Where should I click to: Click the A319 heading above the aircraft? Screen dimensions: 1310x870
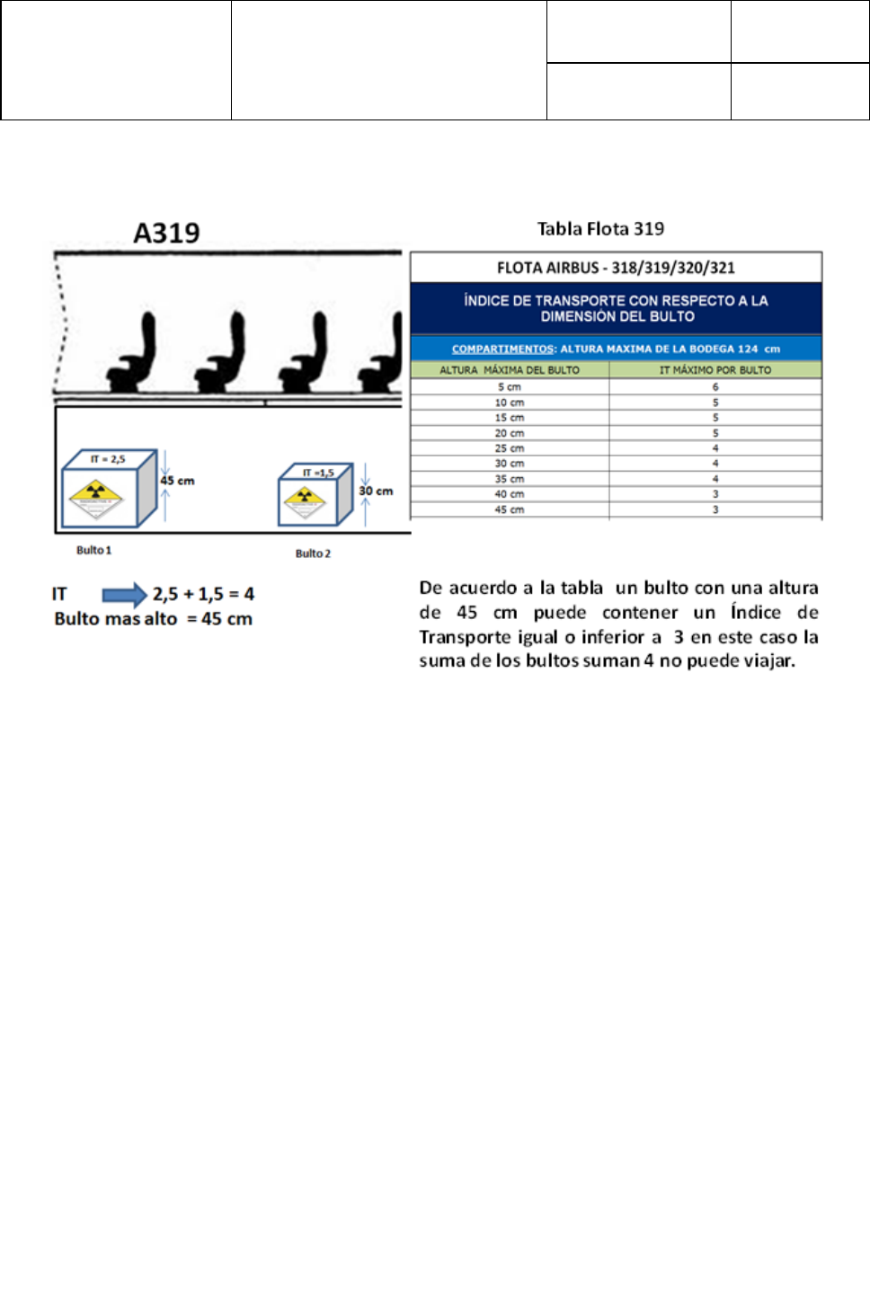tap(166, 234)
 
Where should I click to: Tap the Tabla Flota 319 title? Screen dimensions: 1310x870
tap(600, 229)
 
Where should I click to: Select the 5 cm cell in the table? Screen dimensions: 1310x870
tap(510, 387)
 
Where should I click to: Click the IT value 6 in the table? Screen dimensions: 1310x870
tap(715, 387)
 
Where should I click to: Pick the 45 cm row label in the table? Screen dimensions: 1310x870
tap(510, 509)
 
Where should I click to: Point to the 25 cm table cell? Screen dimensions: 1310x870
tap(510, 448)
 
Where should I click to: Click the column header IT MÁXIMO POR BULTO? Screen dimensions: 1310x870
tap(715, 370)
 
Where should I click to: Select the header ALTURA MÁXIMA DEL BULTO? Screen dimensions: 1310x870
tap(510, 370)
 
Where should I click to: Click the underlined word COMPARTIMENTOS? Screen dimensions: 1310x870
tap(502, 349)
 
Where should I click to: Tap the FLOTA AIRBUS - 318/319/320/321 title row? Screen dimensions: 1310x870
tap(616, 268)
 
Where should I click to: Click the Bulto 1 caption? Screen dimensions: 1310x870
tap(93, 550)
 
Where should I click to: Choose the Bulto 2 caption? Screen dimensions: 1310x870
tap(313, 553)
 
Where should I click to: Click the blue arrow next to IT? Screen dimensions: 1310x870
tap(124, 595)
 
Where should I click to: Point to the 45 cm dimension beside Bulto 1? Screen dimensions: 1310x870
tap(177, 481)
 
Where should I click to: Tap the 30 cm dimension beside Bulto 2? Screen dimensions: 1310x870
tap(376, 491)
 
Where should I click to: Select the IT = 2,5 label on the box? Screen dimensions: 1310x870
tap(108, 459)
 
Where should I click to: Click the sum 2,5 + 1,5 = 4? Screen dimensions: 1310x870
tap(203, 595)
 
